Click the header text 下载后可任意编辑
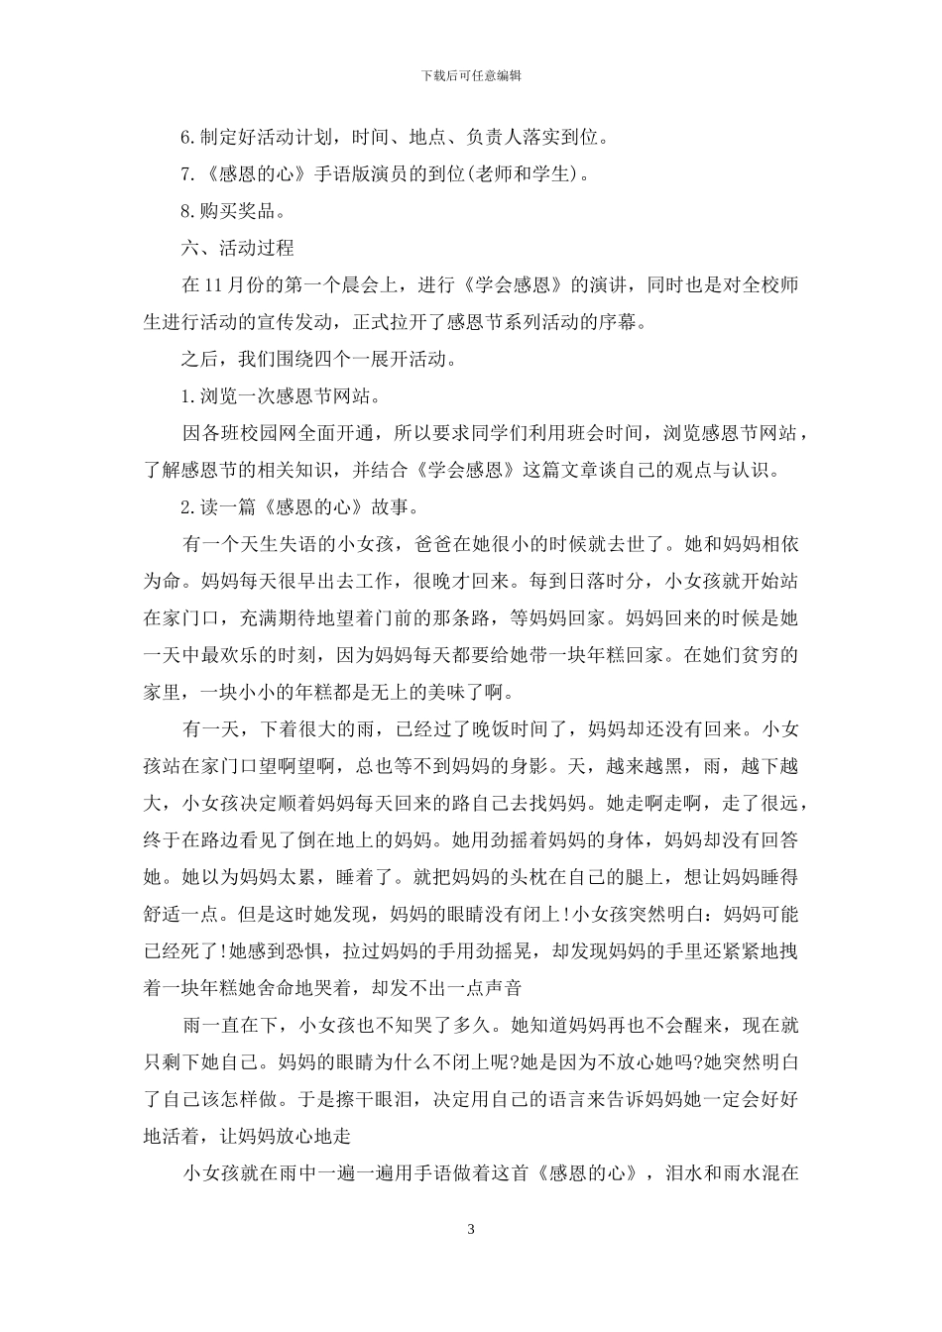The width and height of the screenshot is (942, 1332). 471,75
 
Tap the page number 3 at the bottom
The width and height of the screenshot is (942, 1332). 471,1230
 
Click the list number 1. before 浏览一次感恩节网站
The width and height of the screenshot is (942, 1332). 189,395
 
